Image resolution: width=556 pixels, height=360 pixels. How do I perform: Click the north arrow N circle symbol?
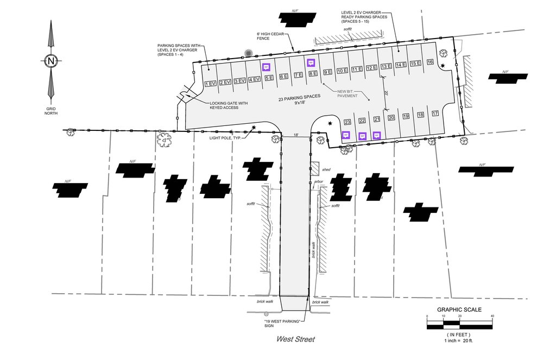(x=50, y=61)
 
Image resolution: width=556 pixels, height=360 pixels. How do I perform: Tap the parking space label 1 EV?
(x=211, y=83)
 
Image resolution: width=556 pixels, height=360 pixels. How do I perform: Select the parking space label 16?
(x=430, y=62)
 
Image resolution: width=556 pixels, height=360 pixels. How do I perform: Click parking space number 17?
(x=435, y=113)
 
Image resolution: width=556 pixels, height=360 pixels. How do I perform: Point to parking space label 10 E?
(x=342, y=71)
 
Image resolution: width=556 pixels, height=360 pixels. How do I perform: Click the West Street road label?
(x=295, y=339)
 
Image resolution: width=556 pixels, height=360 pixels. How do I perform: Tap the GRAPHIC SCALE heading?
(x=459, y=310)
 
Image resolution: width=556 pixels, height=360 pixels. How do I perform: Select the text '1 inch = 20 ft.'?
(x=459, y=340)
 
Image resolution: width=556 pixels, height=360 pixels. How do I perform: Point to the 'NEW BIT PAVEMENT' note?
(x=347, y=94)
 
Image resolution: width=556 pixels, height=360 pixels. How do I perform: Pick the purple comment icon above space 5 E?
(x=266, y=67)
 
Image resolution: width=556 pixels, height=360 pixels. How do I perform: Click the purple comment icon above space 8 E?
(x=311, y=62)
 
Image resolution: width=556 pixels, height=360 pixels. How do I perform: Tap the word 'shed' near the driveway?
(x=326, y=170)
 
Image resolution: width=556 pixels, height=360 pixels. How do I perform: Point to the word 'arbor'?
(x=319, y=182)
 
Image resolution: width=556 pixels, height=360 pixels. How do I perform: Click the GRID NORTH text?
(x=50, y=111)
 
